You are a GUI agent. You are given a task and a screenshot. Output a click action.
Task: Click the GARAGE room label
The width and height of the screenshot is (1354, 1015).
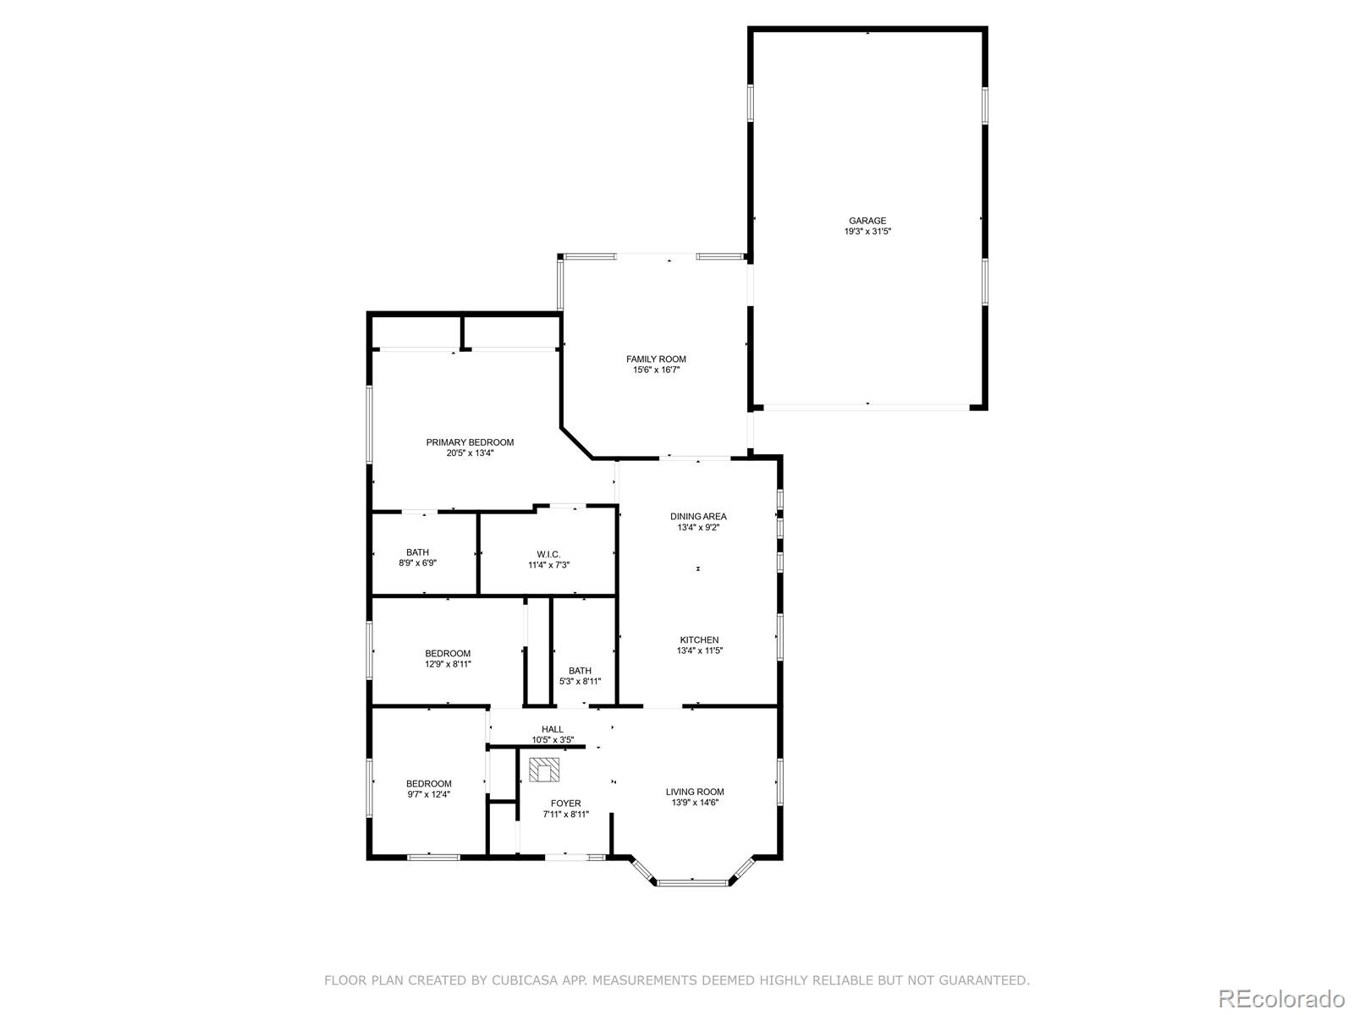(867, 221)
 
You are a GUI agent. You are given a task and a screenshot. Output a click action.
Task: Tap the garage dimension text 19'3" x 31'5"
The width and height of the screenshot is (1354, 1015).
(867, 232)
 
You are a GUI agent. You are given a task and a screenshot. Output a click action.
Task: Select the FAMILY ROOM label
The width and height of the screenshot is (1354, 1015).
(656, 359)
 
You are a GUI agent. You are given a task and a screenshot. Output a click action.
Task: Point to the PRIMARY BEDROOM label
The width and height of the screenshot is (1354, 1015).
(470, 442)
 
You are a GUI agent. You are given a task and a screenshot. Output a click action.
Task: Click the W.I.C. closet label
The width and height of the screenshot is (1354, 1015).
(548, 555)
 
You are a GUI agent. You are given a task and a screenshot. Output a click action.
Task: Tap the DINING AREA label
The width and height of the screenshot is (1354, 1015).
(698, 517)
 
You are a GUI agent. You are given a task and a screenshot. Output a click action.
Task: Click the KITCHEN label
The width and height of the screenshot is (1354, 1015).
(699, 640)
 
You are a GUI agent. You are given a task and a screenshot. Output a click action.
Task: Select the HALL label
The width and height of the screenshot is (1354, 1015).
(553, 729)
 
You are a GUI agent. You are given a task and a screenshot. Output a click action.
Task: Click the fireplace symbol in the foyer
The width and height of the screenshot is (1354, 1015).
(545, 770)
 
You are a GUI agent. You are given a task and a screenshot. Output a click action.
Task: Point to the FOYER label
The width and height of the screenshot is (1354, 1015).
(565, 804)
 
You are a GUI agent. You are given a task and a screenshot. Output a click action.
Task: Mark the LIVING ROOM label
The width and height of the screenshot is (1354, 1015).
(695, 793)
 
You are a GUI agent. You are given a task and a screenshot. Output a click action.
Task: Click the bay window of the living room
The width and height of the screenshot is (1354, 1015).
(692, 883)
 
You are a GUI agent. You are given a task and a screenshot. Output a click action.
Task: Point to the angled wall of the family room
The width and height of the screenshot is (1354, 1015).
(577, 443)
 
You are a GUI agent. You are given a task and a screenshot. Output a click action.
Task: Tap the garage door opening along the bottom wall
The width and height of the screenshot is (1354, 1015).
(867, 407)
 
